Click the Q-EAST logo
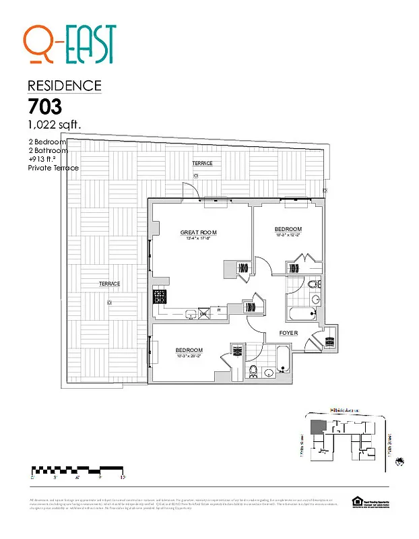tap(69, 44)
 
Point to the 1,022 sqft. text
tap(55, 125)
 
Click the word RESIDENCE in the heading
tap(65, 86)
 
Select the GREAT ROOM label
tap(198, 232)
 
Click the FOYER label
tap(289, 333)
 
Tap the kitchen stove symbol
tap(160, 296)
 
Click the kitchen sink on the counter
tap(190, 313)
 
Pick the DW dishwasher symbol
tap(203, 313)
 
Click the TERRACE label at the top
tap(202, 164)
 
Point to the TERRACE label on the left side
tap(109, 284)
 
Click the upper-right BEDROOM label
tap(288, 230)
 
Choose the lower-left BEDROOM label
tap(189, 350)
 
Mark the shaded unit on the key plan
tap(316, 426)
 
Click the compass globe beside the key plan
tap(400, 462)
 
